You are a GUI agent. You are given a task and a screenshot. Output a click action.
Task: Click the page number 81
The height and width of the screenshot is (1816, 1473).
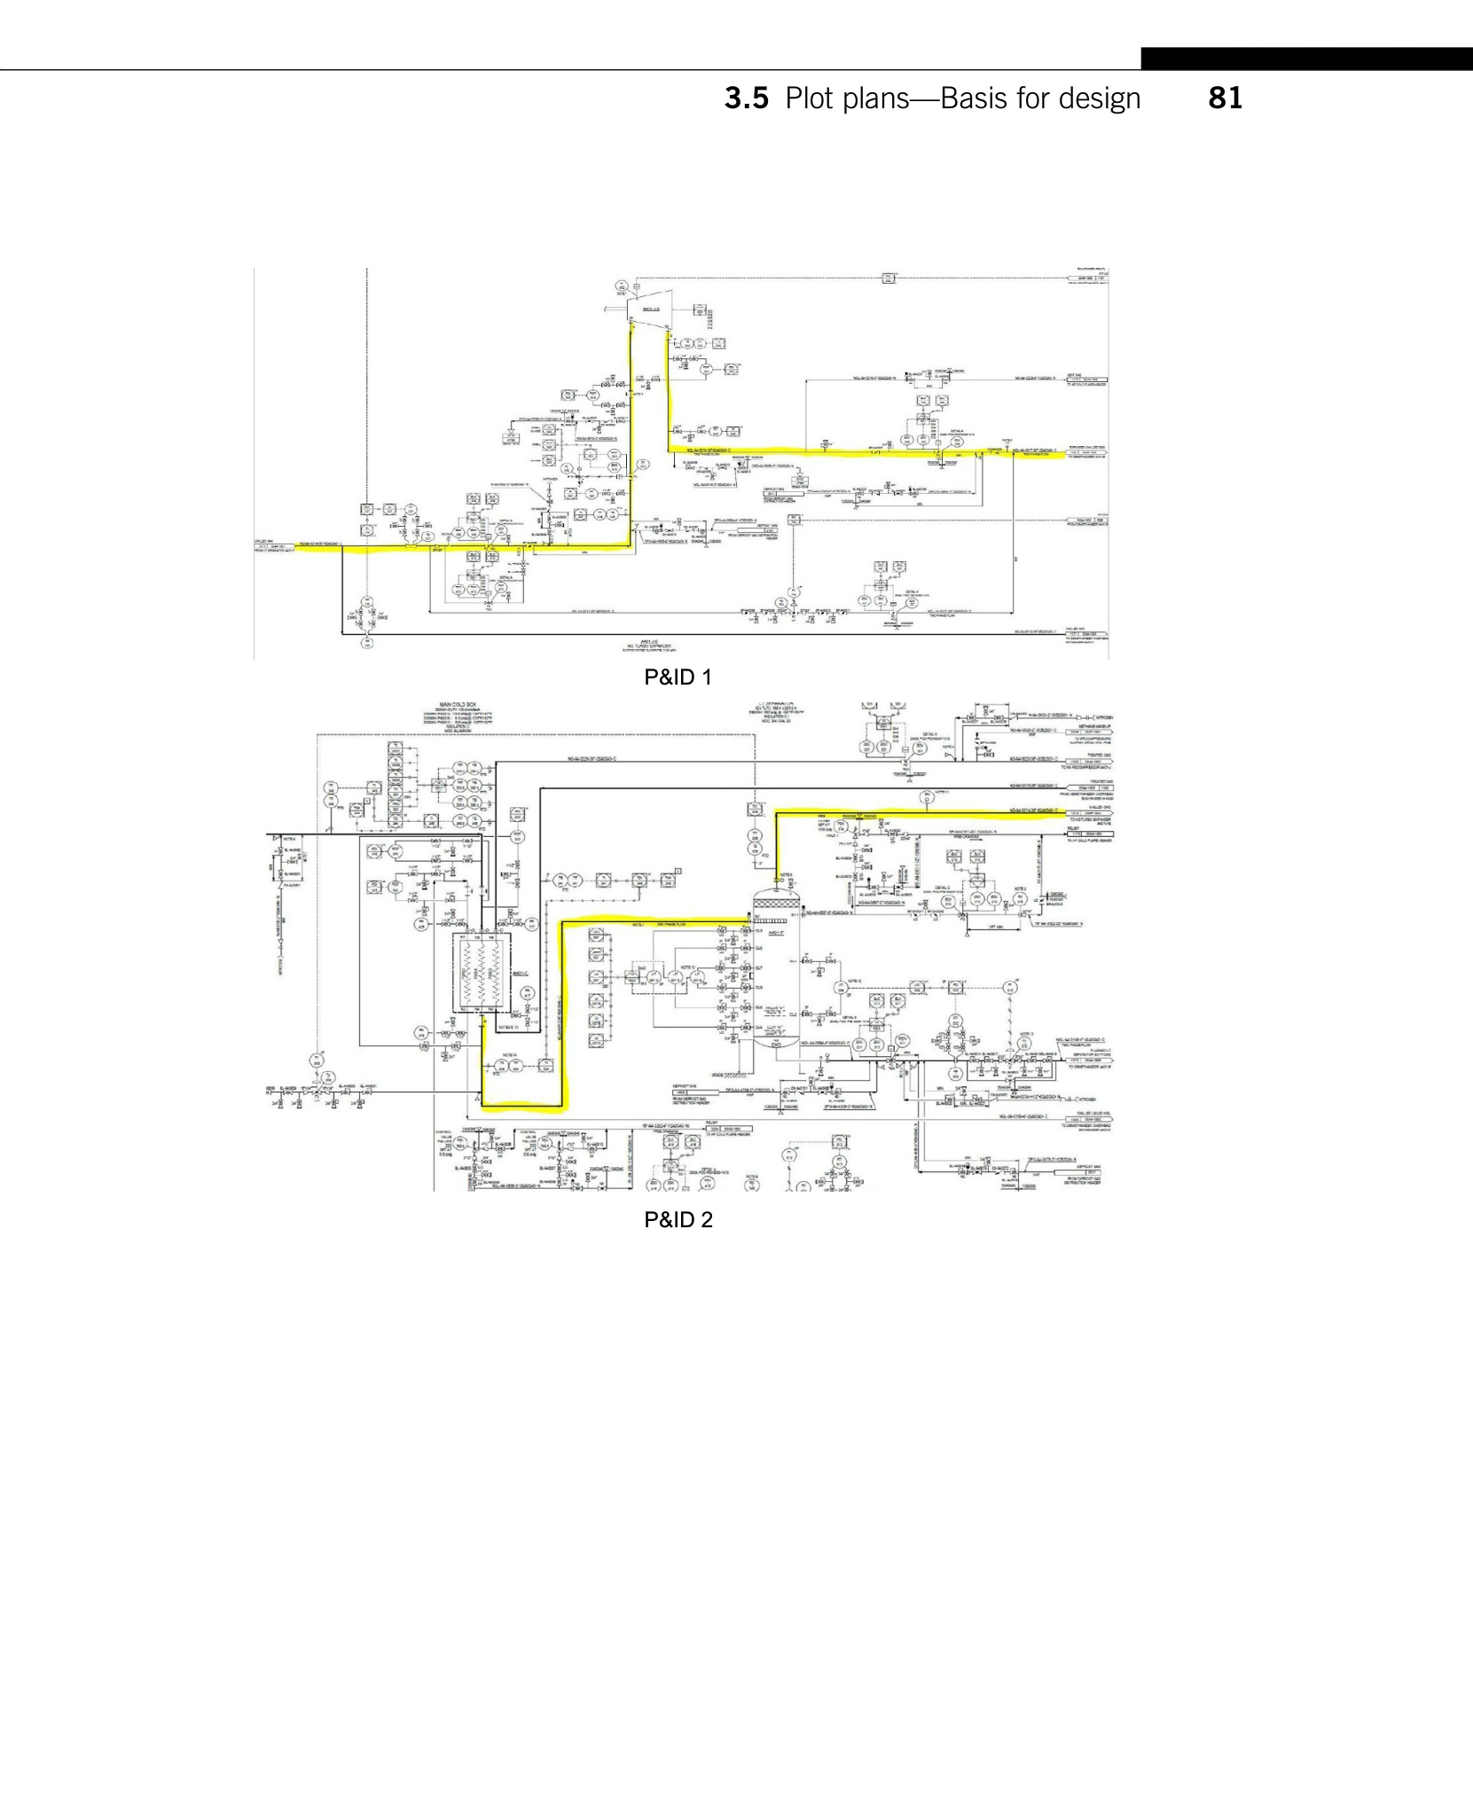[x=1225, y=98]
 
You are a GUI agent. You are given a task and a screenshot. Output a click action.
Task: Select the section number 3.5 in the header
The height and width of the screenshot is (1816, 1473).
[x=746, y=98]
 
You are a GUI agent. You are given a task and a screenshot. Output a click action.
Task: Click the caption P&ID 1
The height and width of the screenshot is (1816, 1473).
[x=678, y=677]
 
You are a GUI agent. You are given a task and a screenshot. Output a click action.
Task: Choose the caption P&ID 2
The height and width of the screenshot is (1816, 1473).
[x=678, y=1220]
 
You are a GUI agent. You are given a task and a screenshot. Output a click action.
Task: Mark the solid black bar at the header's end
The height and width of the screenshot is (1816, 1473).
[x=1306, y=59]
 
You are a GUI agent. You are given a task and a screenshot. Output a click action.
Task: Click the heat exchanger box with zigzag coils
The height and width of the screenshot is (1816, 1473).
[x=479, y=973]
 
